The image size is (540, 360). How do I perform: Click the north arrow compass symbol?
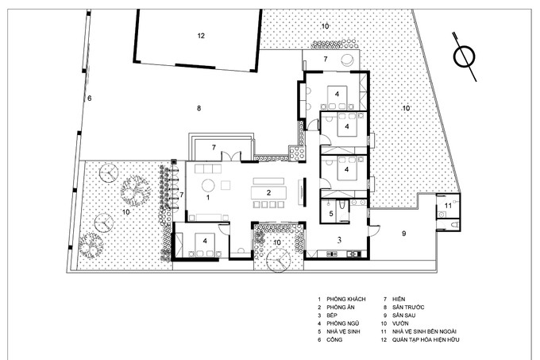pyautogui.click(x=465, y=57)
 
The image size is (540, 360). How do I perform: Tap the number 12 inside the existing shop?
pyautogui.click(x=201, y=36)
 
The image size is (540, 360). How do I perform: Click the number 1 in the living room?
pyautogui.click(x=208, y=197)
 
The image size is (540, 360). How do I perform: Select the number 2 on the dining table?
pyautogui.click(x=269, y=192)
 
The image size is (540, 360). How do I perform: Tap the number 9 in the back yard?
pyautogui.click(x=404, y=234)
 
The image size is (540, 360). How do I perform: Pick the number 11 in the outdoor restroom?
pyautogui.click(x=448, y=206)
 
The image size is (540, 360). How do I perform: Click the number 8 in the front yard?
pyautogui.click(x=199, y=108)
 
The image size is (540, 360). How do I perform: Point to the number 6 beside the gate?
pyautogui.click(x=90, y=99)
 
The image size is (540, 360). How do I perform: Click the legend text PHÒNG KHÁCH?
pyautogui.click(x=346, y=299)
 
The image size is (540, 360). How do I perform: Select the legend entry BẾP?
pyautogui.click(x=332, y=315)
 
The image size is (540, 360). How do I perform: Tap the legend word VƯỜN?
pyautogui.click(x=400, y=323)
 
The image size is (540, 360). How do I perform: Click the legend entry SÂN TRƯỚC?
pyautogui.click(x=408, y=308)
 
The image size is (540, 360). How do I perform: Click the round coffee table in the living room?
pyautogui.click(x=208, y=186)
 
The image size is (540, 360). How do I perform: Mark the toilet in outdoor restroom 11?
pyautogui.click(x=454, y=226)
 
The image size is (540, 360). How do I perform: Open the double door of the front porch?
pyautogui.click(x=231, y=156)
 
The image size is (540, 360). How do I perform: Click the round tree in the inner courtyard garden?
pyautogui.click(x=279, y=260)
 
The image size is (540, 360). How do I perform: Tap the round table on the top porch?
pyautogui.click(x=347, y=60)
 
